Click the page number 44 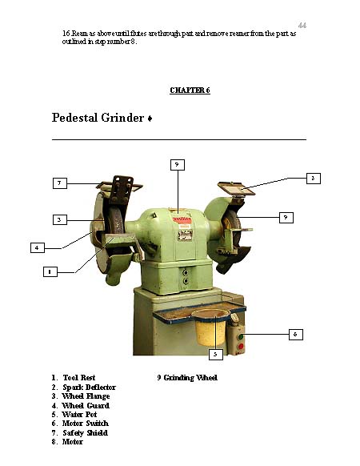pos(302,26)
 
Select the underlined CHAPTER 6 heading pos(190,90)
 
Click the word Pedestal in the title pos(75,118)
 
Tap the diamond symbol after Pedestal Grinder pos(150,119)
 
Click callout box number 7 pos(60,183)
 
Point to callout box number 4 pos(38,247)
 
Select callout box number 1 pos(50,271)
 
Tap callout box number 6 pos(296,335)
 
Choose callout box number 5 pos(216,354)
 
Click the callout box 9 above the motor pos(178,165)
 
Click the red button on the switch pos(241,346)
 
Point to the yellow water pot pos(210,327)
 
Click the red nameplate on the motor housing pos(182,219)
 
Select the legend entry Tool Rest pos(74,378)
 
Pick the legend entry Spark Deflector pos(83,388)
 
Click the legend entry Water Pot pos(74,415)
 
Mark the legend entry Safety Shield pos(80,433)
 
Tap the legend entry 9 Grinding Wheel pos(187,378)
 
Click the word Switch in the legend pos(97,424)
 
